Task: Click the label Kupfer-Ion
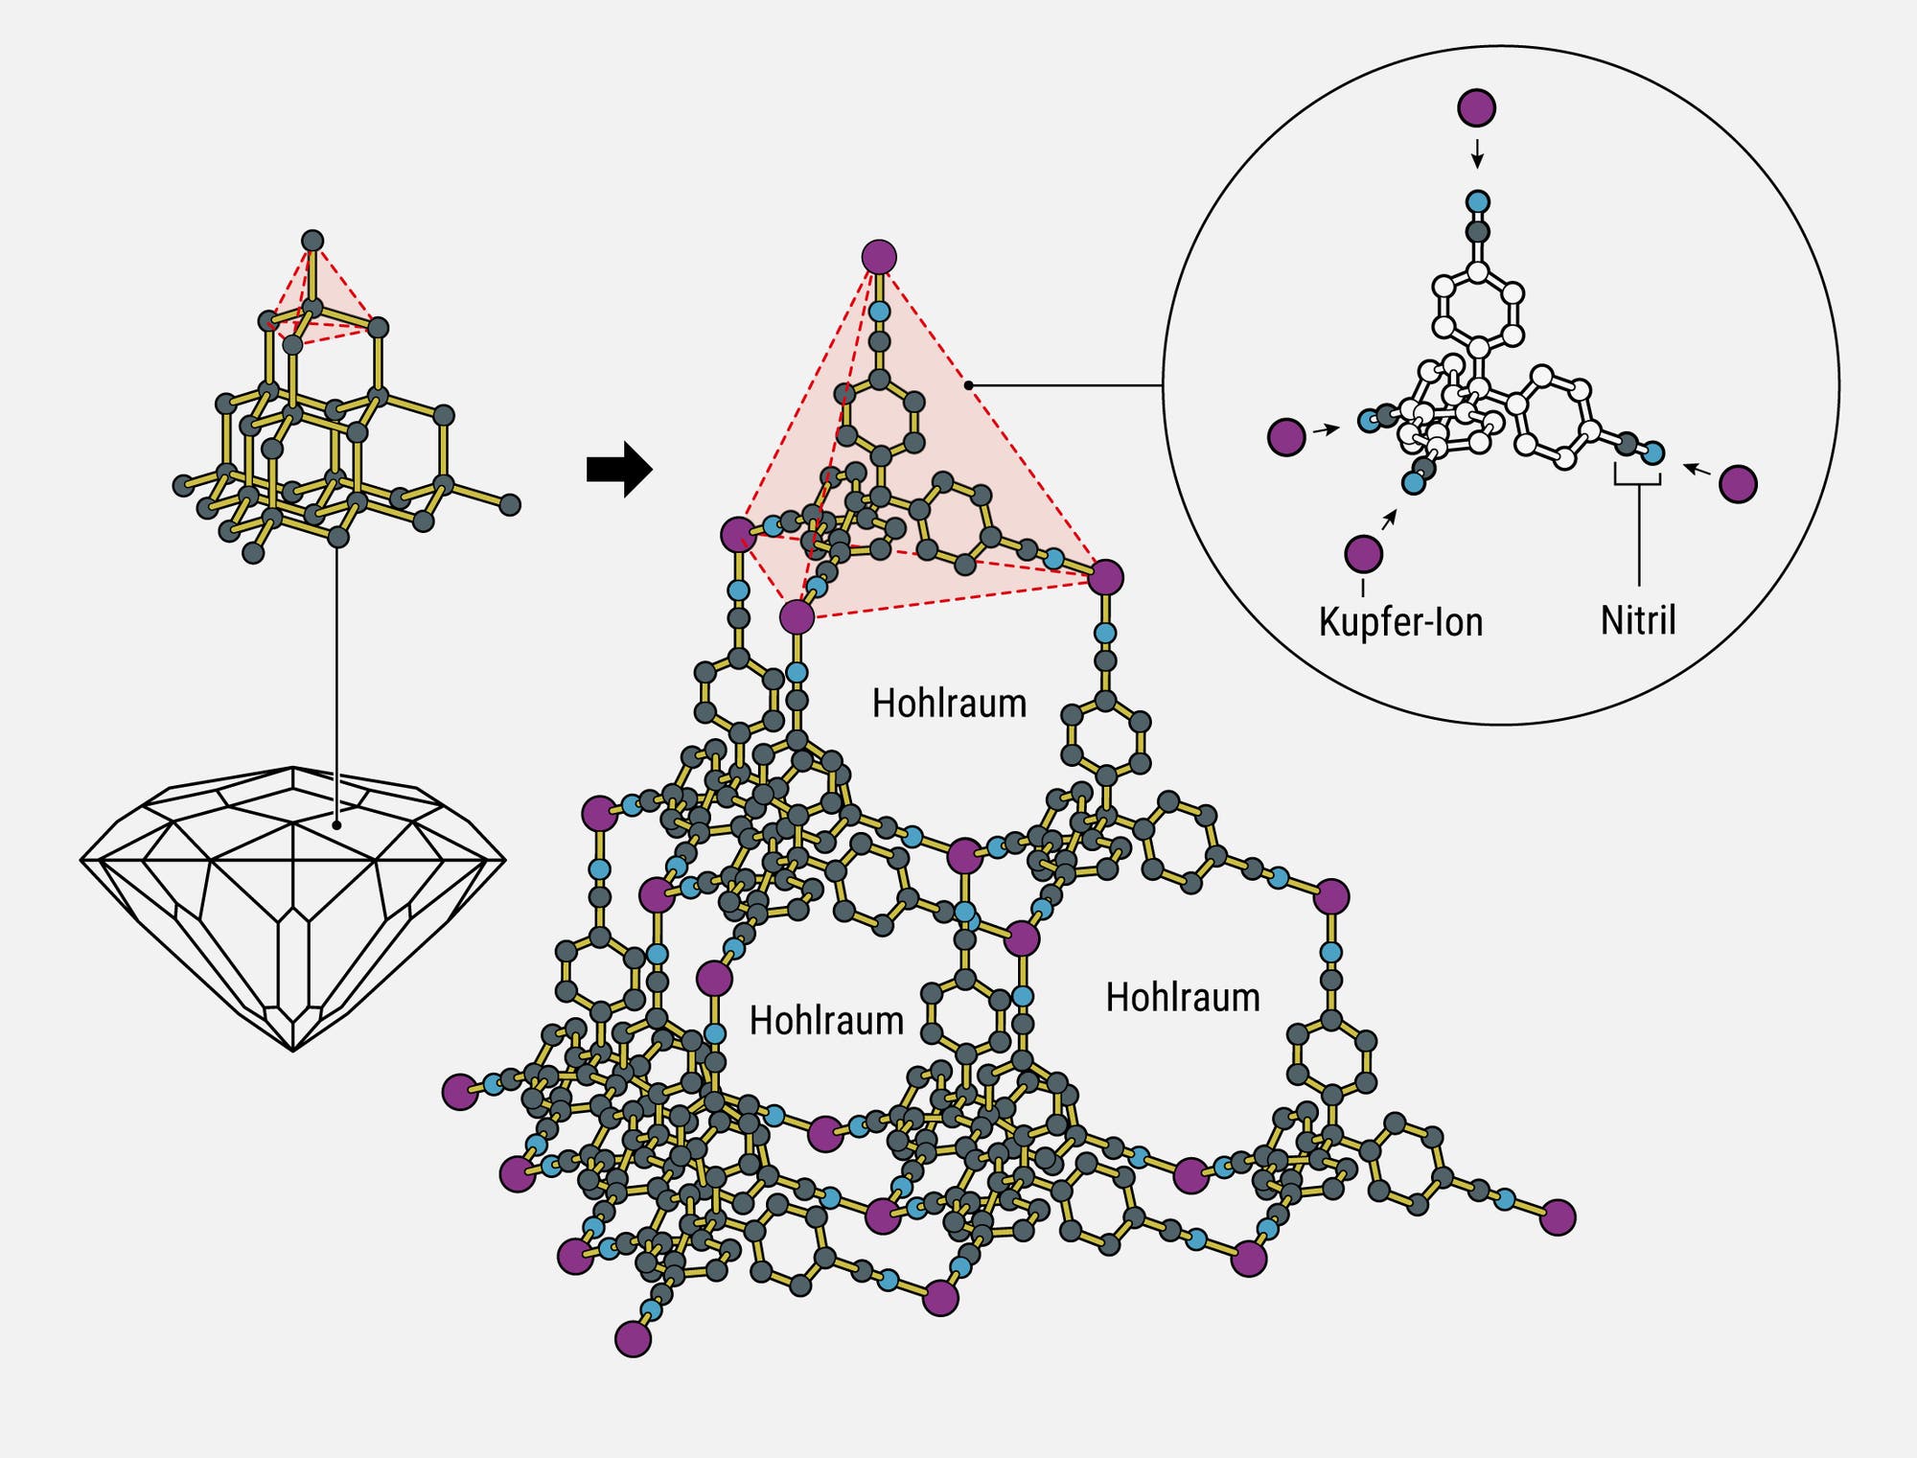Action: [1400, 622]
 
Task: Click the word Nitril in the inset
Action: [1638, 620]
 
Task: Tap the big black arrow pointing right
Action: [619, 470]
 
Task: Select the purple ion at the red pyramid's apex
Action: [879, 257]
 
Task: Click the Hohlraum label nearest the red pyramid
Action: [949, 704]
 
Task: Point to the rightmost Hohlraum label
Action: [1183, 998]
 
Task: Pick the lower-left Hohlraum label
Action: [826, 1021]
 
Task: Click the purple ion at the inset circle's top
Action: [1476, 107]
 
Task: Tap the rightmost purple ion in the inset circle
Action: [1738, 484]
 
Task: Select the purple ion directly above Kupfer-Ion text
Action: [1363, 554]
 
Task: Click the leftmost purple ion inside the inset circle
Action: [1286, 437]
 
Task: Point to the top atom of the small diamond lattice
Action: [312, 241]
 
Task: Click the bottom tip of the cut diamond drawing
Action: [293, 1051]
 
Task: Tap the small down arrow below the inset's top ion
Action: [1477, 153]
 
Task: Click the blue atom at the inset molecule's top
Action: [1478, 201]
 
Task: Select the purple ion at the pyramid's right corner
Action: [1105, 577]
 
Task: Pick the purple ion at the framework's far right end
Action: [1558, 1217]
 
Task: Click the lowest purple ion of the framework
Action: [633, 1338]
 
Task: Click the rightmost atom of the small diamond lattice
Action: [510, 504]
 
